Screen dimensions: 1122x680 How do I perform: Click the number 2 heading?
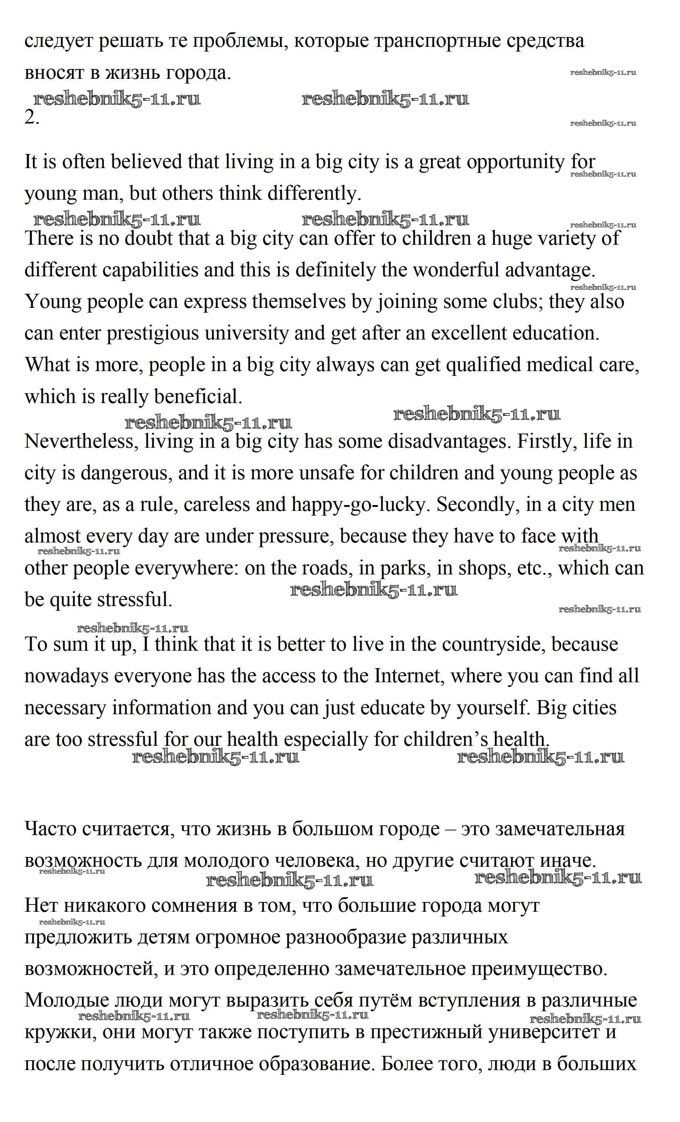click(32, 118)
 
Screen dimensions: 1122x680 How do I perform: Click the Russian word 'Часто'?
click(51, 829)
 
